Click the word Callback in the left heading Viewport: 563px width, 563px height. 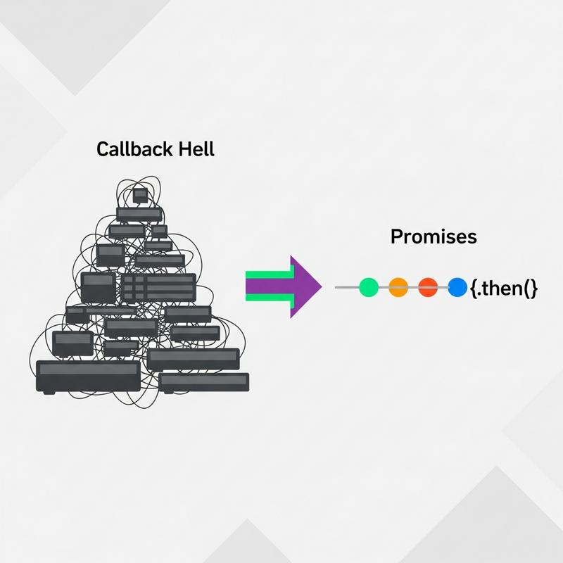point(124,149)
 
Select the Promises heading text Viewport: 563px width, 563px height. point(433,237)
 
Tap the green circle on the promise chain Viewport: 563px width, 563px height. point(369,287)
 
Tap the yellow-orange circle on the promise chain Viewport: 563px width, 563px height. point(398,287)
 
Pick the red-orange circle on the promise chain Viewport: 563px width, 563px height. point(428,287)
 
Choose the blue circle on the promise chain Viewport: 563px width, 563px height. point(457,287)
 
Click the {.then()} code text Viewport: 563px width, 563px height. point(502,288)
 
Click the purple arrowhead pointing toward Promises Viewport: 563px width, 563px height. point(304,287)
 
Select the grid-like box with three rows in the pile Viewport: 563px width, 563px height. point(158,288)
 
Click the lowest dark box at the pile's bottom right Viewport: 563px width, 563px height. point(203,382)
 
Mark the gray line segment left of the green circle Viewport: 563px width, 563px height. point(346,287)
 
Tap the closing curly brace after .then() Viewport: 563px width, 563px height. point(534,288)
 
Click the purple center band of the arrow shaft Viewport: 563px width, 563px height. point(267,287)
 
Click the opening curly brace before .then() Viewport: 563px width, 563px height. point(472,288)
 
